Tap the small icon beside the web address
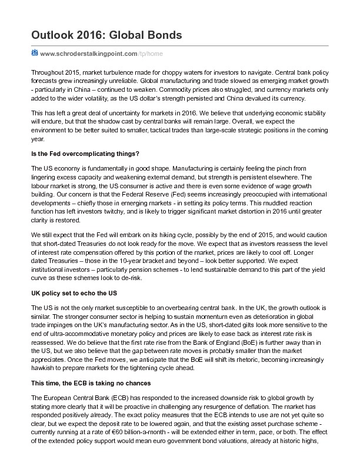(34, 53)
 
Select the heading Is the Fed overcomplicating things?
(85, 154)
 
